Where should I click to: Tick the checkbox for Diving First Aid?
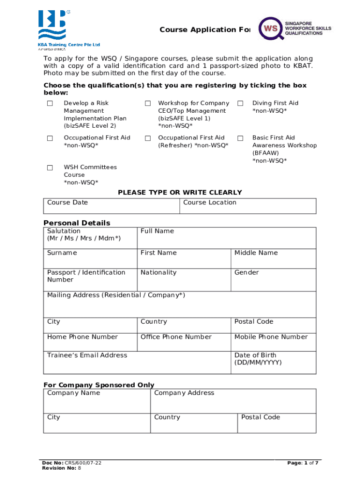coord(240,103)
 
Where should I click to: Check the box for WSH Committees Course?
coord(50,167)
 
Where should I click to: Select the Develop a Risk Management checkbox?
coord(50,103)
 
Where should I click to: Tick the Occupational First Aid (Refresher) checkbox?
coord(148,138)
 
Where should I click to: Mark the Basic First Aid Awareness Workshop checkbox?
coord(240,138)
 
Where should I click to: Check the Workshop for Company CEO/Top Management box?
coord(148,103)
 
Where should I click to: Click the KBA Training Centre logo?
coord(69,29)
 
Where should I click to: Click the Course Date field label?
coord(67,203)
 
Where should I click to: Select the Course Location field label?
coord(209,203)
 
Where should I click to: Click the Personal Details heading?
coord(77,223)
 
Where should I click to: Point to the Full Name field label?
coord(157,231)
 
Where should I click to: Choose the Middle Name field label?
coord(256,253)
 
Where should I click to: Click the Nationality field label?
coord(158,273)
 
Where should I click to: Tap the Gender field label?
coord(246,273)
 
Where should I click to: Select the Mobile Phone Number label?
coord(271,337)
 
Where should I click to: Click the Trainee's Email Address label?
coord(87,356)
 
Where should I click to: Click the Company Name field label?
coord(73,393)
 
